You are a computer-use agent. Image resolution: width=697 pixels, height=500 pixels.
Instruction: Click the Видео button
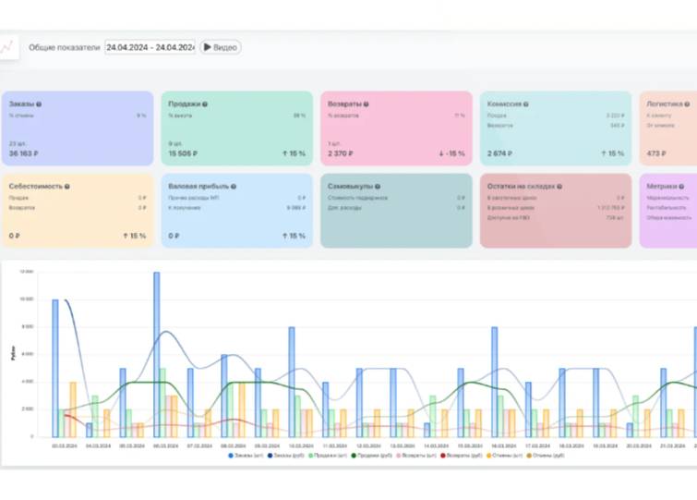tap(220, 47)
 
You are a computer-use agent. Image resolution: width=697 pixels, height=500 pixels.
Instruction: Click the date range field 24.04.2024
tap(150, 47)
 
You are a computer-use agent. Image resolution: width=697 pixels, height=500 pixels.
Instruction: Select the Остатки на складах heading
tap(523, 186)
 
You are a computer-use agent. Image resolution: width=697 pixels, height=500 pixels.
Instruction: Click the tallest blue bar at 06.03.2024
tap(156, 351)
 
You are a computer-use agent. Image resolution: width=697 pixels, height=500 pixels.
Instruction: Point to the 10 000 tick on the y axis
tap(27, 299)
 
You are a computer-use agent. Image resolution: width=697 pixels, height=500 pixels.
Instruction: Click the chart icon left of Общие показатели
tap(8, 47)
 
